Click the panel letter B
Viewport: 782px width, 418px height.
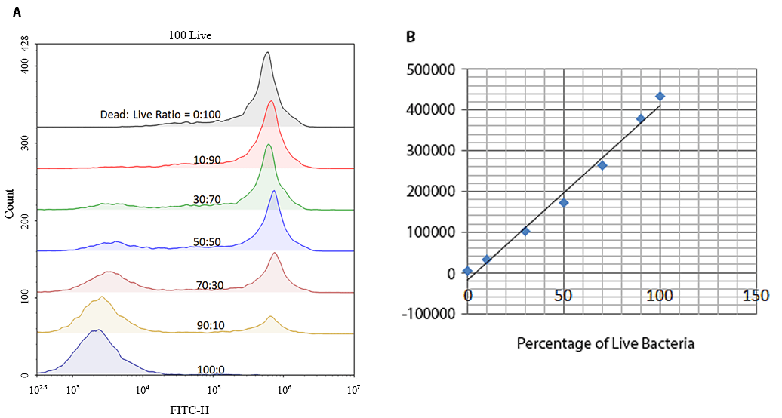411,36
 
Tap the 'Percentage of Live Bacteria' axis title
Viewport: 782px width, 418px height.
605,343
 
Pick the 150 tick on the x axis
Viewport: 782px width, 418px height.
756,294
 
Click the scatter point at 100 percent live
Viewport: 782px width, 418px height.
660,96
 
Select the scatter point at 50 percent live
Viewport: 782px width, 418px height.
563,203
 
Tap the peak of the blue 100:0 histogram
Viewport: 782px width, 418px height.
96,330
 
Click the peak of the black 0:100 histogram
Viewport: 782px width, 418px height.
266,53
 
